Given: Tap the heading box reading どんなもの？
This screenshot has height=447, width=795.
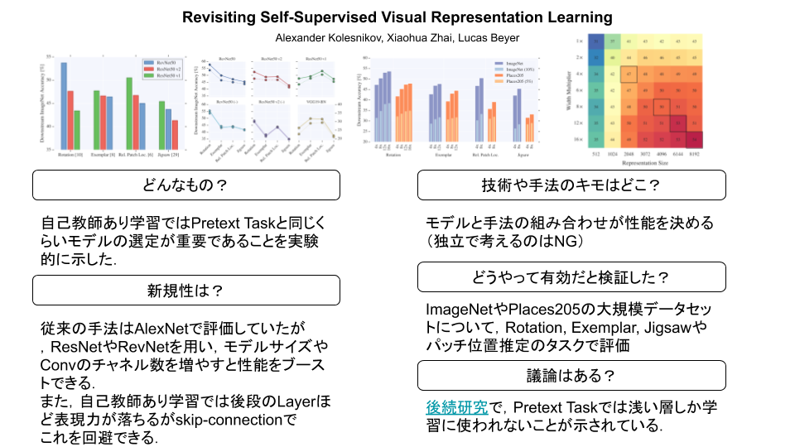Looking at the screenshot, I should click(185, 185).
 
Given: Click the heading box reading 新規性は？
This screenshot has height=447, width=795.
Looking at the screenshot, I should click(185, 290).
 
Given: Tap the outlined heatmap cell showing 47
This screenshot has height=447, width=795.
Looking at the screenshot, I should click(628, 73).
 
